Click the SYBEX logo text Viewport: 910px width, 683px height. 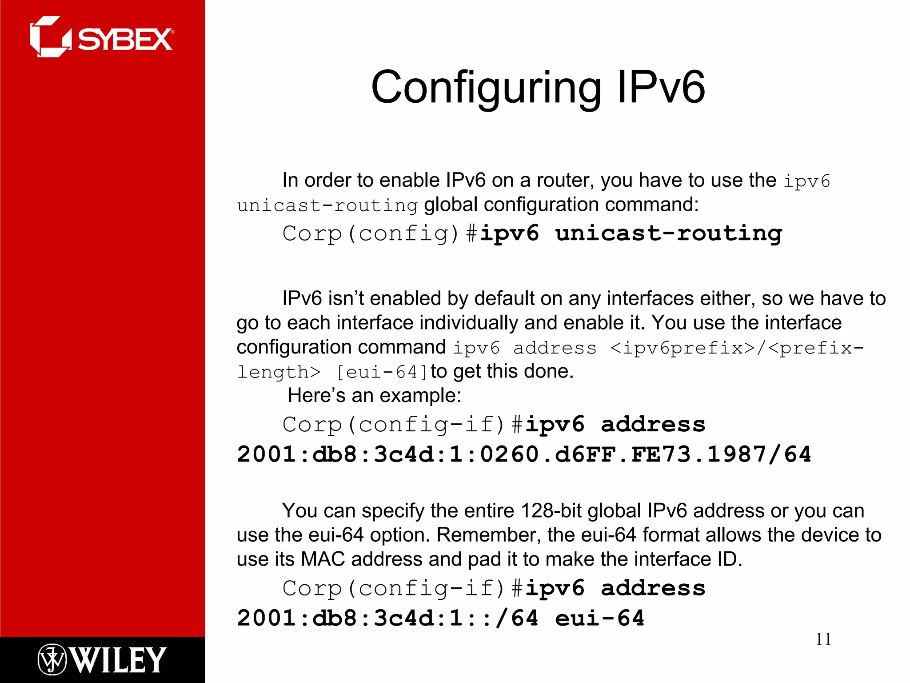pos(125,40)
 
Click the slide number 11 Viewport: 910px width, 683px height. pos(823,639)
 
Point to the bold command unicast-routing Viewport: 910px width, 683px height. pos(668,233)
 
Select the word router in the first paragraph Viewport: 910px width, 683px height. pos(565,181)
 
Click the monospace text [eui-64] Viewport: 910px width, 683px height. pos(382,372)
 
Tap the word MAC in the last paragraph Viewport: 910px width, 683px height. pos(323,559)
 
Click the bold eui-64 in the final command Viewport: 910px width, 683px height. pos(600,619)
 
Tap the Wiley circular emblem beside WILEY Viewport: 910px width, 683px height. pos(52,660)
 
